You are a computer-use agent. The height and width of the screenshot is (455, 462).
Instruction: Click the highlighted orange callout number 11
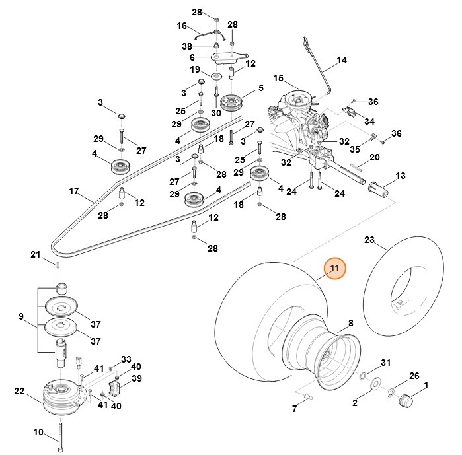pos(334,269)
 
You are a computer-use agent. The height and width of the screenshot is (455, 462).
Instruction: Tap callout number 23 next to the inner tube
pos(369,240)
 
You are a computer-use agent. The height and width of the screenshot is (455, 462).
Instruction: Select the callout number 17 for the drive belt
pos(74,192)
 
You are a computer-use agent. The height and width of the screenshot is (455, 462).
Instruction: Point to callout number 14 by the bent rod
pos(341,61)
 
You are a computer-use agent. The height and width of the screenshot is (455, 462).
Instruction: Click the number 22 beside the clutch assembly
pos(19,391)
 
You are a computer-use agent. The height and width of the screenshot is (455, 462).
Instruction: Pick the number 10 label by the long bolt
pos(38,433)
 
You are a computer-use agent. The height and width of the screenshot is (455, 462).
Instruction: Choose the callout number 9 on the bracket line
pos(21,317)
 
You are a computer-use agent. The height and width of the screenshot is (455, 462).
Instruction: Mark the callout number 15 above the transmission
pos(278,78)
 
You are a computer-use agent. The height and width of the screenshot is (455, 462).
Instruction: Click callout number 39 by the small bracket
pos(137,378)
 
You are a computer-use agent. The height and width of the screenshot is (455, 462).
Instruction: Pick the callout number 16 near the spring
pos(182,26)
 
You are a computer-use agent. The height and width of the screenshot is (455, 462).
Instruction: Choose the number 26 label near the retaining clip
pos(414,376)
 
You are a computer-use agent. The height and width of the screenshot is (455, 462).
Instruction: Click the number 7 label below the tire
pos(295,409)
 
